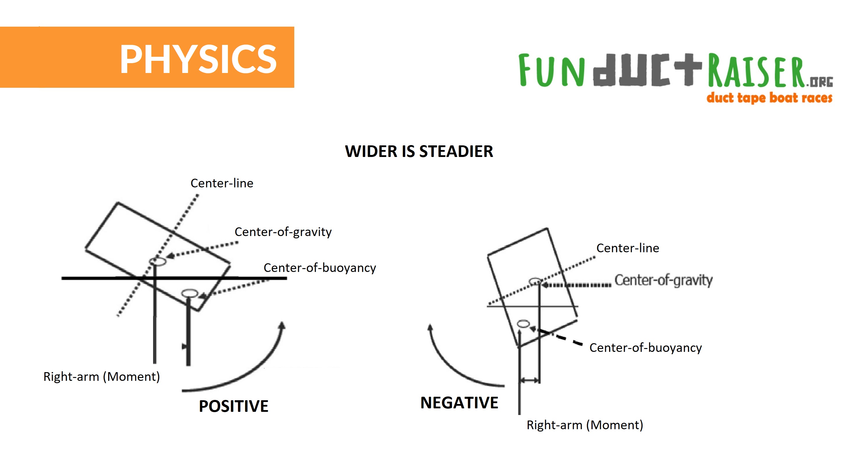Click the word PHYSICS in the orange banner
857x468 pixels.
pos(198,59)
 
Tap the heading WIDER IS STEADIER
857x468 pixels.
pos(419,151)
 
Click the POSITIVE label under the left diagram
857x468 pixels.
pos(234,406)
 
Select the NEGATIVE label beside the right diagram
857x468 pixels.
pos(460,403)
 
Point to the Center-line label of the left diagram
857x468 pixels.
pos(222,183)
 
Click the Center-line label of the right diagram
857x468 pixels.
pos(628,248)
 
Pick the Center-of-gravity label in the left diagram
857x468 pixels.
pos(283,232)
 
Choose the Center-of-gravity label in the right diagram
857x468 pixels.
pos(663,280)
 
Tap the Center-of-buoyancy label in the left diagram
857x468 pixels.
pos(320,268)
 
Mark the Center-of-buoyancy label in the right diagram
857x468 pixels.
pos(645,348)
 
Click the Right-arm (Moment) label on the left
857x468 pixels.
pos(101,376)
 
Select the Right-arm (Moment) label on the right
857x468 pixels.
pos(585,425)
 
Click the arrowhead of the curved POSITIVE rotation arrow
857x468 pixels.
pos(282,326)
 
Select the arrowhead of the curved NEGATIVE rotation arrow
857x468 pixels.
pos(430,328)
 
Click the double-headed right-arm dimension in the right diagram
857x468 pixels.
pos(529,380)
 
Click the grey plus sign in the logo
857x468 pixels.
pos(688,69)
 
